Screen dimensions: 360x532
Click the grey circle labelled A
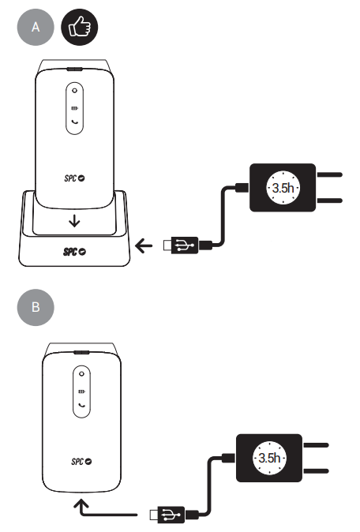click(36, 27)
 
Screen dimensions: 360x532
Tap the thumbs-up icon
click(80, 27)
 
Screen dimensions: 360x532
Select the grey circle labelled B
click(36, 307)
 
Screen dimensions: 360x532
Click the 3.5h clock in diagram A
click(283, 188)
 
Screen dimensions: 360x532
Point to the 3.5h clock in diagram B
click(269, 458)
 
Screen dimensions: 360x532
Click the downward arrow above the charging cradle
click(74, 221)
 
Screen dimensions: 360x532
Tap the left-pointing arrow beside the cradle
click(144, 245)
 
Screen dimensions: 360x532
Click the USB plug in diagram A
click(181, 245)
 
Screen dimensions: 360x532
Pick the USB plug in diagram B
click(167, 515)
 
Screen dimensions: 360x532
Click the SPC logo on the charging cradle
click(74, 252)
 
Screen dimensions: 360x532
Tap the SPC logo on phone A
click(74, 178)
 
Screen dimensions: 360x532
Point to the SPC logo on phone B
click(81, 462)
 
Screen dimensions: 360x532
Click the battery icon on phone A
click(75, 108)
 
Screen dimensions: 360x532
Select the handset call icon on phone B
click(82, 405)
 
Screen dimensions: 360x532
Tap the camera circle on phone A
click(75, 91)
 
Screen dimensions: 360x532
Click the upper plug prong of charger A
click(329, 174)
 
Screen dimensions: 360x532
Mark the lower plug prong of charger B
click(316, 471)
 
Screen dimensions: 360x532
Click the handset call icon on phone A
click(75, 122)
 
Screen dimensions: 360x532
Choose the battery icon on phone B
click(82, 392)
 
